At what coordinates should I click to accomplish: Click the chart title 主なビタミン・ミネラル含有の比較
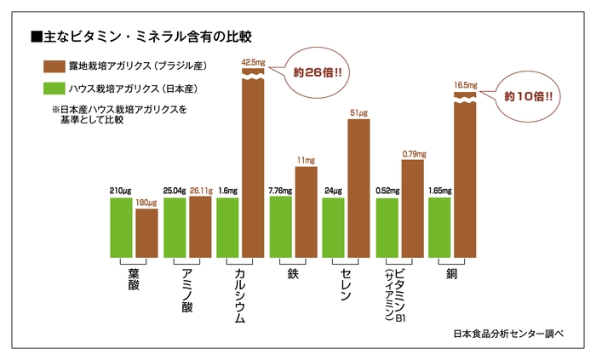pos(140,37)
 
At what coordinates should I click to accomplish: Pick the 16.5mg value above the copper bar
pos(465,85)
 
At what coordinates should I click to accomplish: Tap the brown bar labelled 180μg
pos(146,232)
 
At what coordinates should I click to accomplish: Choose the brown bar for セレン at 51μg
pos(358,187)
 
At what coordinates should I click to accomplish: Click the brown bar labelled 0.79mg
pos(412,209)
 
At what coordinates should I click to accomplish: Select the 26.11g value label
pos(201,191)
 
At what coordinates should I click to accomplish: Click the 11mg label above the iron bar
pos(306,160)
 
